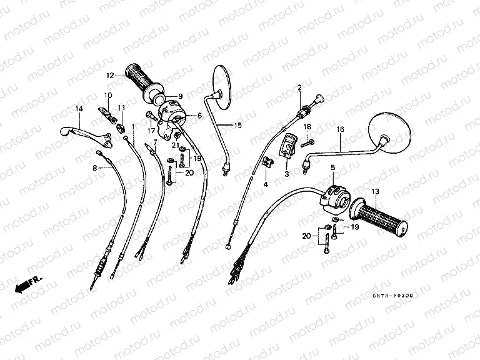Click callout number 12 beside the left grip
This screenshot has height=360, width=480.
pyautogui.click(x=109, y=76)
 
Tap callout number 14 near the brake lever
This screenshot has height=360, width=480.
pyautogui.click(x=79, y=109)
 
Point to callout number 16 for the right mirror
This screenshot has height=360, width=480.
pyautogui.click(x=341, y=130)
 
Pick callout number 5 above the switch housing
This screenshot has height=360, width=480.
pyautogui.click(x=333, y=167)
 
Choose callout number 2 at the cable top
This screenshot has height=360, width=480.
pyautogui.click(x=299, y=87)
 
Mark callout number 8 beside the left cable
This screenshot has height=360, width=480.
pyautogui.click(x=95, y=168)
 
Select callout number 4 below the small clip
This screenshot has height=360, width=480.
pyautogui.click(x=264, y=184)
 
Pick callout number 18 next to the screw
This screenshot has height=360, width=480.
pyautogui.click(x=307, y=127)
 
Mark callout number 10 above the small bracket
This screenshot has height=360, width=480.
pyautogui.click(x=107, y=96)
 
